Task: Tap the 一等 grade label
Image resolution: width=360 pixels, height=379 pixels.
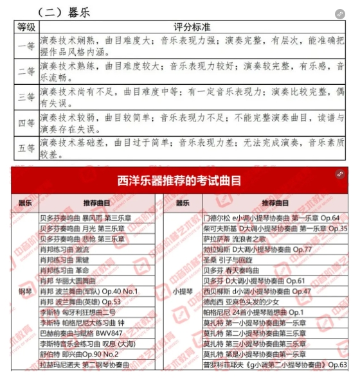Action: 26,46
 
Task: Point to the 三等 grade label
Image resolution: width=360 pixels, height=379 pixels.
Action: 26,97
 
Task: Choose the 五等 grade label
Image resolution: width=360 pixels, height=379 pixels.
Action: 26,148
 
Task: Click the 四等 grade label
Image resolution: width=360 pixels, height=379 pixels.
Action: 26,123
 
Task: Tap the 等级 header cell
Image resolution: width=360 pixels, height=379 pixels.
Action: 26,27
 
